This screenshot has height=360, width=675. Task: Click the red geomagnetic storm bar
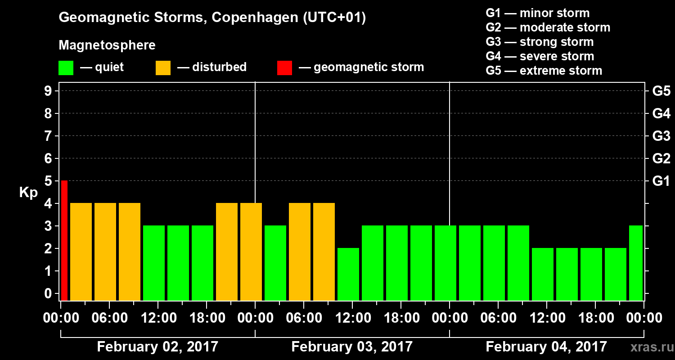[x=64, y=240]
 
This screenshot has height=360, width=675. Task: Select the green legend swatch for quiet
[x=66, y=67]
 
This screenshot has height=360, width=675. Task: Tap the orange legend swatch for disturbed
[x=163, y=67]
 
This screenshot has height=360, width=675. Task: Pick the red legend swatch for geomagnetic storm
[x=284, y=67]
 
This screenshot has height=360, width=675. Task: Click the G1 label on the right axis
[x=661, y=181]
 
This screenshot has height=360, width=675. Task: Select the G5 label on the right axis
[x=661, y=91]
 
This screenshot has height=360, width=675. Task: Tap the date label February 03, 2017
[x=352, y=347]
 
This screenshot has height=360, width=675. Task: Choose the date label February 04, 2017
[x=546, y=347]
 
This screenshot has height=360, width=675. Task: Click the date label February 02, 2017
[x=157, y=347]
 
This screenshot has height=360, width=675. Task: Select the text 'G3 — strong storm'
[x=540, y=42]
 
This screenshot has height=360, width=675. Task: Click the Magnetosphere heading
[x=107, y=45]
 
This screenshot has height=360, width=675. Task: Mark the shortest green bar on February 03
[x=348, y=274]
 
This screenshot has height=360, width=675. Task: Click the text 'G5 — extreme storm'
[x=544, y=71]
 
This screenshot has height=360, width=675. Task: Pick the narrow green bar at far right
[x=635, y=263]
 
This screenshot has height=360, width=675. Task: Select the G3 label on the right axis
[x=661, y=136]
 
